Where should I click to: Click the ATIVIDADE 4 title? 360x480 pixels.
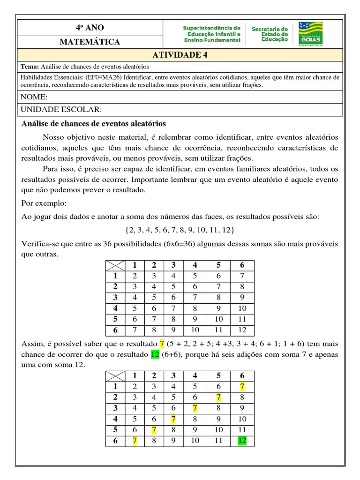180,55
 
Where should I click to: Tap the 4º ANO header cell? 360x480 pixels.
89,28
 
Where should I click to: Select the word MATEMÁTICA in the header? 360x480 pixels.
89,42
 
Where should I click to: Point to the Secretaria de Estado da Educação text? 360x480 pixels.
270,35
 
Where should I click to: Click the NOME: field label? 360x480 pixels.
34,97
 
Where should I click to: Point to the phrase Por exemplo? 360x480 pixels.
44,204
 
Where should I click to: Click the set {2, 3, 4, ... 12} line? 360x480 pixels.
180,230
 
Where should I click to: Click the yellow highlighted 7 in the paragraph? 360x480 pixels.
162,344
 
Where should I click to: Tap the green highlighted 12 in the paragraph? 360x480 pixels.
155,354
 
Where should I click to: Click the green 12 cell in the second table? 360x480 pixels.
242,441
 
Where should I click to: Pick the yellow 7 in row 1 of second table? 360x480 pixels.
242,387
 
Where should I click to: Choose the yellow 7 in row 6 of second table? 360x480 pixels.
135,441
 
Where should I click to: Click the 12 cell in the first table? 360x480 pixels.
242,330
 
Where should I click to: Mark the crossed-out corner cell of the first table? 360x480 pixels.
114,265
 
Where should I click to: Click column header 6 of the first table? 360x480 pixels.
242,265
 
